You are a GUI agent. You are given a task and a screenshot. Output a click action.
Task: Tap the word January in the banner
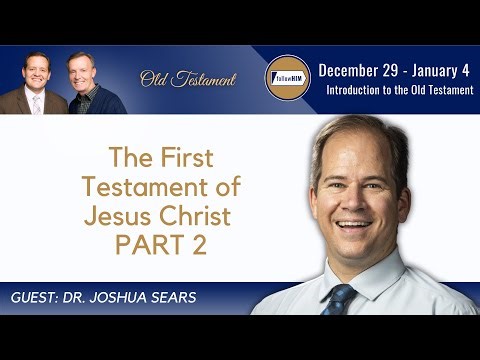432,70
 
